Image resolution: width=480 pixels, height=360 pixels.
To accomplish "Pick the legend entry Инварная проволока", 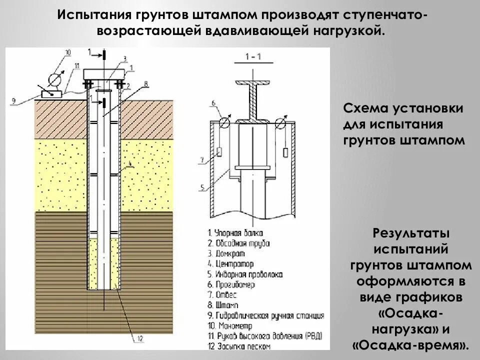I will (x=244, y=274).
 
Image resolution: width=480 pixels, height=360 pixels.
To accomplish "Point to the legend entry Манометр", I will (x=229, y=325).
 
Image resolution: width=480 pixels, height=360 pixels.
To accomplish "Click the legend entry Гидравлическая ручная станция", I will (x=265, y=315).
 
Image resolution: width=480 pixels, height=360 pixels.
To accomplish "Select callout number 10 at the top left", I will (x=67, y=52).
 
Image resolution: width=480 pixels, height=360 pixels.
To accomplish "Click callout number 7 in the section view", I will (x=202, y=160).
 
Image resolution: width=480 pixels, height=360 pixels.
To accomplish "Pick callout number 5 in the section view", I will (x=202, y=187).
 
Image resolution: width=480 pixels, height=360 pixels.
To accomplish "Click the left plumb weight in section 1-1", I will (x=220, y=151).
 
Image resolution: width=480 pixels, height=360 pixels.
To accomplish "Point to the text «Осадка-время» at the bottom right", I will (x=410, y=345).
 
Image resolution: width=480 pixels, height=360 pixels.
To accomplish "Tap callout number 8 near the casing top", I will (x=145, y=84).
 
